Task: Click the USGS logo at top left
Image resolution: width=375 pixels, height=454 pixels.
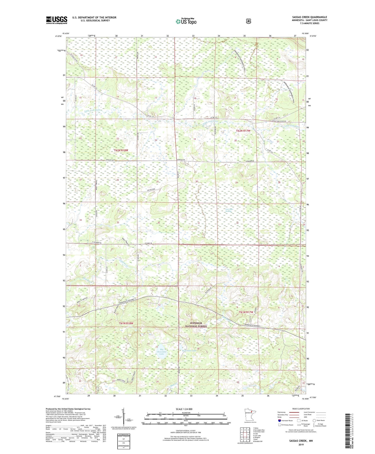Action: pos(56,20)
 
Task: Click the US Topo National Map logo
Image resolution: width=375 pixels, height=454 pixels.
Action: pos(186,21)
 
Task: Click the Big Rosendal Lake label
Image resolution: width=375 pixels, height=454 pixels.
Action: pos(161,352)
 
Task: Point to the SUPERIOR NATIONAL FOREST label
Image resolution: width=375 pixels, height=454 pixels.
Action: pos(196,325)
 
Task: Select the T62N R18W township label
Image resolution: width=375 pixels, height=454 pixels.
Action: pos(121,150)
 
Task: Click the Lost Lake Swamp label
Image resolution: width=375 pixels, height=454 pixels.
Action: pos(228,210)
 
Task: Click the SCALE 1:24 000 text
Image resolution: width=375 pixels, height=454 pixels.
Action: pos(185,409)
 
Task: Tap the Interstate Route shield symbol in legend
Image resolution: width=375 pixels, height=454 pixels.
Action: pos(279,420)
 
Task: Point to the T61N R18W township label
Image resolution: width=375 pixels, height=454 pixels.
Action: pos(126,323)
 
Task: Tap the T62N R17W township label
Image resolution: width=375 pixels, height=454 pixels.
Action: pos(243,131)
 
